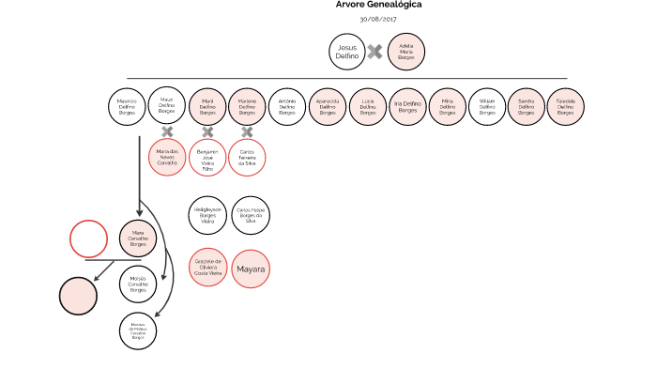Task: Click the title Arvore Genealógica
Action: [378, 5]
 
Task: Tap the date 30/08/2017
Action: [378, 19]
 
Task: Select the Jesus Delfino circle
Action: [346, 51]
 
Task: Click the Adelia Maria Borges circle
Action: [406, 51]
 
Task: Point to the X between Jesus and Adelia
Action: [374, 52]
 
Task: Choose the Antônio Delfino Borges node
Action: [287, 105]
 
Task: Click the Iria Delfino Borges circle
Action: [407, 105]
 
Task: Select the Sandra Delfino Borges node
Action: [527, 105]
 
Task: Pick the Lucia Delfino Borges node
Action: [367, 105]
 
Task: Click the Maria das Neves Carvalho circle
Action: [167, 157]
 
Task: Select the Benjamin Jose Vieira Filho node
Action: [207, 157]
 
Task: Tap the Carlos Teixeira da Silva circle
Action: [248, 157]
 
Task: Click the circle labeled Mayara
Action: [251, 269]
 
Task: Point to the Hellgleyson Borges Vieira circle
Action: [207, 214]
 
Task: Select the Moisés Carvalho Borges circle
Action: [138, 283]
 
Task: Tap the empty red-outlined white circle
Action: [89, 238]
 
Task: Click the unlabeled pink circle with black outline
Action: [79, 297]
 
